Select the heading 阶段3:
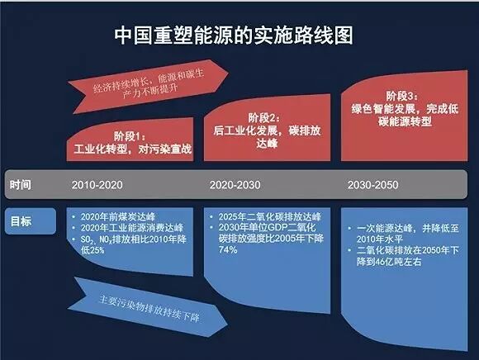click(403, 95)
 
